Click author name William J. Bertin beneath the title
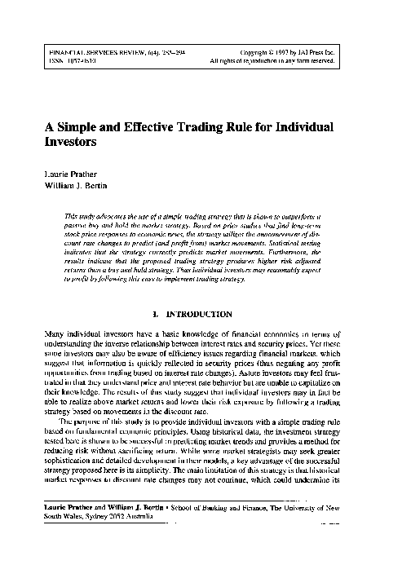pos(78,186)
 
